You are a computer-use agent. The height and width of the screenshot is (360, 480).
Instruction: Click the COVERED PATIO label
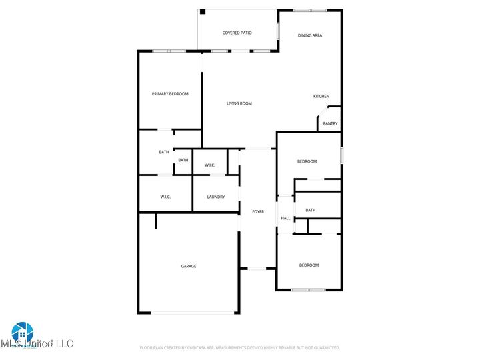coord(237,33)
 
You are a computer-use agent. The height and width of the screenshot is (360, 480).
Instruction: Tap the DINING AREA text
coord(310,35)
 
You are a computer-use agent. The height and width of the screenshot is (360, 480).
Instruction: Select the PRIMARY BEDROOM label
coord(170,94)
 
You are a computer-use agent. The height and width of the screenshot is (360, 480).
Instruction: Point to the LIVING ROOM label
coord(239,103)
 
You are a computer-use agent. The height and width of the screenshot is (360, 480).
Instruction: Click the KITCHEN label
coord(321,97)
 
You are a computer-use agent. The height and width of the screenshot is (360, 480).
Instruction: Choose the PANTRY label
coord(330,123)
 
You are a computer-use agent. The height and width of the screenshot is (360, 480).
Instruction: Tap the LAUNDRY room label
coord(215,197)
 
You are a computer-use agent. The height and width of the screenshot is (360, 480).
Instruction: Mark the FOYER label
coord(258,212)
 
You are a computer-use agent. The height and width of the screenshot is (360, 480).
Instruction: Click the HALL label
coord(285,218)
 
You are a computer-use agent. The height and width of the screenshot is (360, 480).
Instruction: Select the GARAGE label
coord(189,266)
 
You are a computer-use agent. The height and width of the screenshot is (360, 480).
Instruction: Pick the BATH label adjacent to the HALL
coord(311,211)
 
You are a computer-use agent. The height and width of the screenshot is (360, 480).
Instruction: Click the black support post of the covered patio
coord(203,12)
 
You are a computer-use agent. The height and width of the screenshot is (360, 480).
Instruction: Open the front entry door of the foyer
coord(258,269)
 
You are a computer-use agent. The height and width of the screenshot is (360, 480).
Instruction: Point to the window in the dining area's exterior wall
coord(310,10)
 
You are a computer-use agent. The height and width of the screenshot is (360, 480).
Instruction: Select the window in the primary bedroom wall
coord(169,51)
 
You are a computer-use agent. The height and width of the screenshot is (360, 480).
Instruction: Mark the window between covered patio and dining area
coord(278,32)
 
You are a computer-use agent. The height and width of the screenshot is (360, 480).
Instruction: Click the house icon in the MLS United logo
coord(21,331)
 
